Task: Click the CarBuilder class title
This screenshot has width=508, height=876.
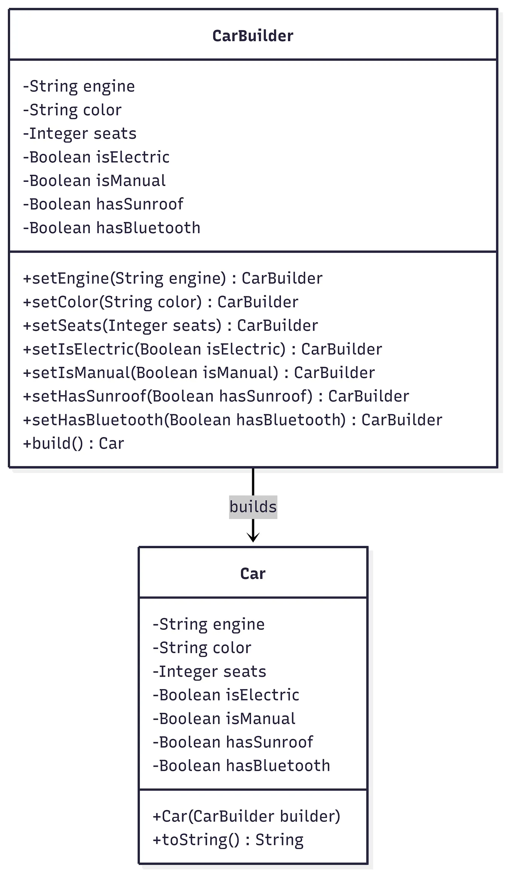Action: coord(253,36)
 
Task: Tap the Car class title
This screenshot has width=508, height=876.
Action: coord(253,574)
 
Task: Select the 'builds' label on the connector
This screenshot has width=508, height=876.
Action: coord(253,507)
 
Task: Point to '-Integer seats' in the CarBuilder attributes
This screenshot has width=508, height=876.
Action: coord(80,134)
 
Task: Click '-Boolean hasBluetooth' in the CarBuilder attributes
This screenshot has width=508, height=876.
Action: coord(111,228)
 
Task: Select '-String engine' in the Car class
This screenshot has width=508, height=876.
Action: coord(209,624)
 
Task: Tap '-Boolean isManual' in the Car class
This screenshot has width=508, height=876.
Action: coord(224,718)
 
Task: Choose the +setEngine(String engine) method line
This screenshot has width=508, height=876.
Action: coord(172,278)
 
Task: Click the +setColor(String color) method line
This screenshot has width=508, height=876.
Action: coord(160,302)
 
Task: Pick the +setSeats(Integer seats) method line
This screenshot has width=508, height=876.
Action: coord(170,326)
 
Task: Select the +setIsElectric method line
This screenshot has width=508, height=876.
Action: coord(202,349)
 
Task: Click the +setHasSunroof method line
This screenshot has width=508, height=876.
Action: coord(216,396)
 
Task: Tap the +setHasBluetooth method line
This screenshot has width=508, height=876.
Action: coord(232,420)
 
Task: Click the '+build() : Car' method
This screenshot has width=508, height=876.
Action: coord(73,443)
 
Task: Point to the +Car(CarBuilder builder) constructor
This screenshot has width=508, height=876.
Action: coord(247,816)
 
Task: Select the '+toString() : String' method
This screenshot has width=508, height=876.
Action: coord(228,840)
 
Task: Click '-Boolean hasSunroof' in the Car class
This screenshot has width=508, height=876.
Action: coord(233,742)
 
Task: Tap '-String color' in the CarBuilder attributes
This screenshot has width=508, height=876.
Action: coord(72,110)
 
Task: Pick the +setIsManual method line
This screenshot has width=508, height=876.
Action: coord(199,373)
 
